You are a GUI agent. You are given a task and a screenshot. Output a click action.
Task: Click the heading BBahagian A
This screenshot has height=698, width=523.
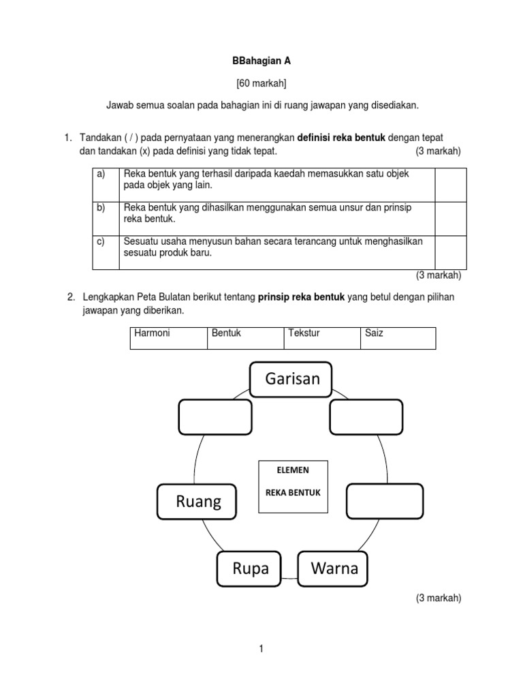261,61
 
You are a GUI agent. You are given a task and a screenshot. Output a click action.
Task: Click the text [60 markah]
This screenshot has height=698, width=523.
261,83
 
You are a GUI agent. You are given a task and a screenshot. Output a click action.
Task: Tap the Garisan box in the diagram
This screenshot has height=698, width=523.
290,379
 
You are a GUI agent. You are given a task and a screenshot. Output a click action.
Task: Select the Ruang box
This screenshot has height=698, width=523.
197,502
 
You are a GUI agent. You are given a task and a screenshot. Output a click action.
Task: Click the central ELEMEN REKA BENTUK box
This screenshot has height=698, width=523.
293,487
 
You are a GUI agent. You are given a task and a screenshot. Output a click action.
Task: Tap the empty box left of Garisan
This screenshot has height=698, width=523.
215,417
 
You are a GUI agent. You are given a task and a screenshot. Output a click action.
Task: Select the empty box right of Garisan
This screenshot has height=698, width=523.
366,417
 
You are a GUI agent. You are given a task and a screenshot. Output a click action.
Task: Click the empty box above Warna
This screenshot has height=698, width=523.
385,501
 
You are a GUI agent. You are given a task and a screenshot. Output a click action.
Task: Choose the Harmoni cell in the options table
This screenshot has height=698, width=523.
168,338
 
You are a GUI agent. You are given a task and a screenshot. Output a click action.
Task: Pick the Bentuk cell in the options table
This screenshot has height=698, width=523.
245,338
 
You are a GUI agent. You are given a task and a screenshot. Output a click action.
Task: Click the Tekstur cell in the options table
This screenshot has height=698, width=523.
321,338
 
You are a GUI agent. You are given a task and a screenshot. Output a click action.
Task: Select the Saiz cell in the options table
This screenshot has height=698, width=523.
398,338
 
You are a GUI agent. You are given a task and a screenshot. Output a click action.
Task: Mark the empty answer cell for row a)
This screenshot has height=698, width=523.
450,185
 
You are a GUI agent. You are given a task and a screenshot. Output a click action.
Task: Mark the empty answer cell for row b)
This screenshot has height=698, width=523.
450,218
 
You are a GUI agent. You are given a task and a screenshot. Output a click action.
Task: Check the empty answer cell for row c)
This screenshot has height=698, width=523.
450,252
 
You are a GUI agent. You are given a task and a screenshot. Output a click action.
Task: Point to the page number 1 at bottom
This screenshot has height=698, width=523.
261,650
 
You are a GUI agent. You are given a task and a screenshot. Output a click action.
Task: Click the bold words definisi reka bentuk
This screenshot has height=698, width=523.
341,138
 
